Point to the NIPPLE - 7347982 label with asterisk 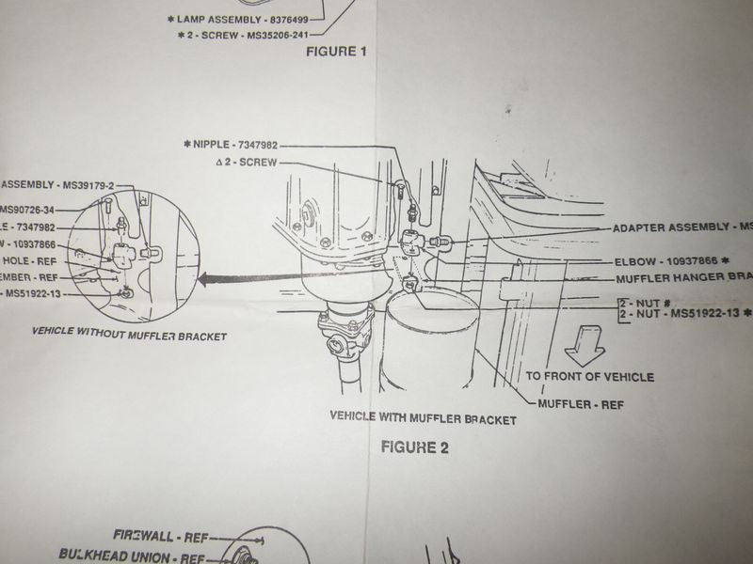point(232,144)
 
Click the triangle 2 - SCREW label point(247,162)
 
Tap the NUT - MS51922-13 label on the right point(689,312)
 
